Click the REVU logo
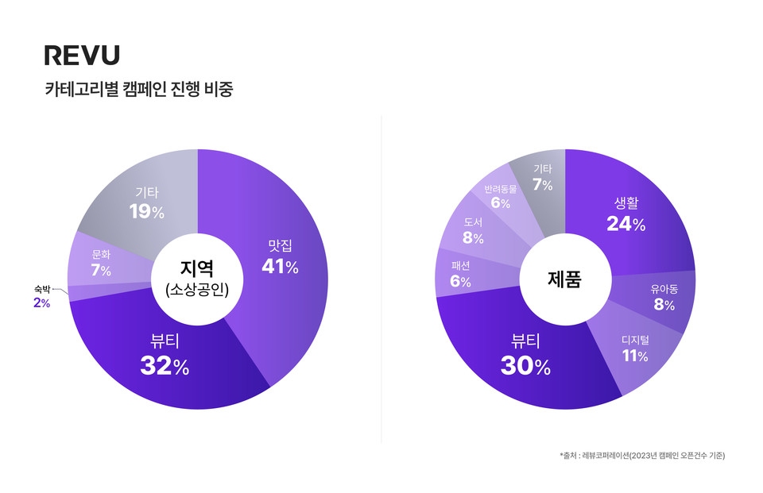82,56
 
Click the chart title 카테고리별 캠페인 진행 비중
139,89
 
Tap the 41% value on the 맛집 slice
280,268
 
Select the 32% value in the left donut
165,366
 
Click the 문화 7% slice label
100,264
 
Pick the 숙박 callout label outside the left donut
42,289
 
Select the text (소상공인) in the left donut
197,290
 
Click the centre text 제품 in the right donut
564,279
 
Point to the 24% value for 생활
626,225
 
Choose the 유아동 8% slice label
664,298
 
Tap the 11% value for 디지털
635,356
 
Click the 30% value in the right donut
525,366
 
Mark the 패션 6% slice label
460,274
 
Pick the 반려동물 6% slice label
501,196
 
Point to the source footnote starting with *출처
641,456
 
